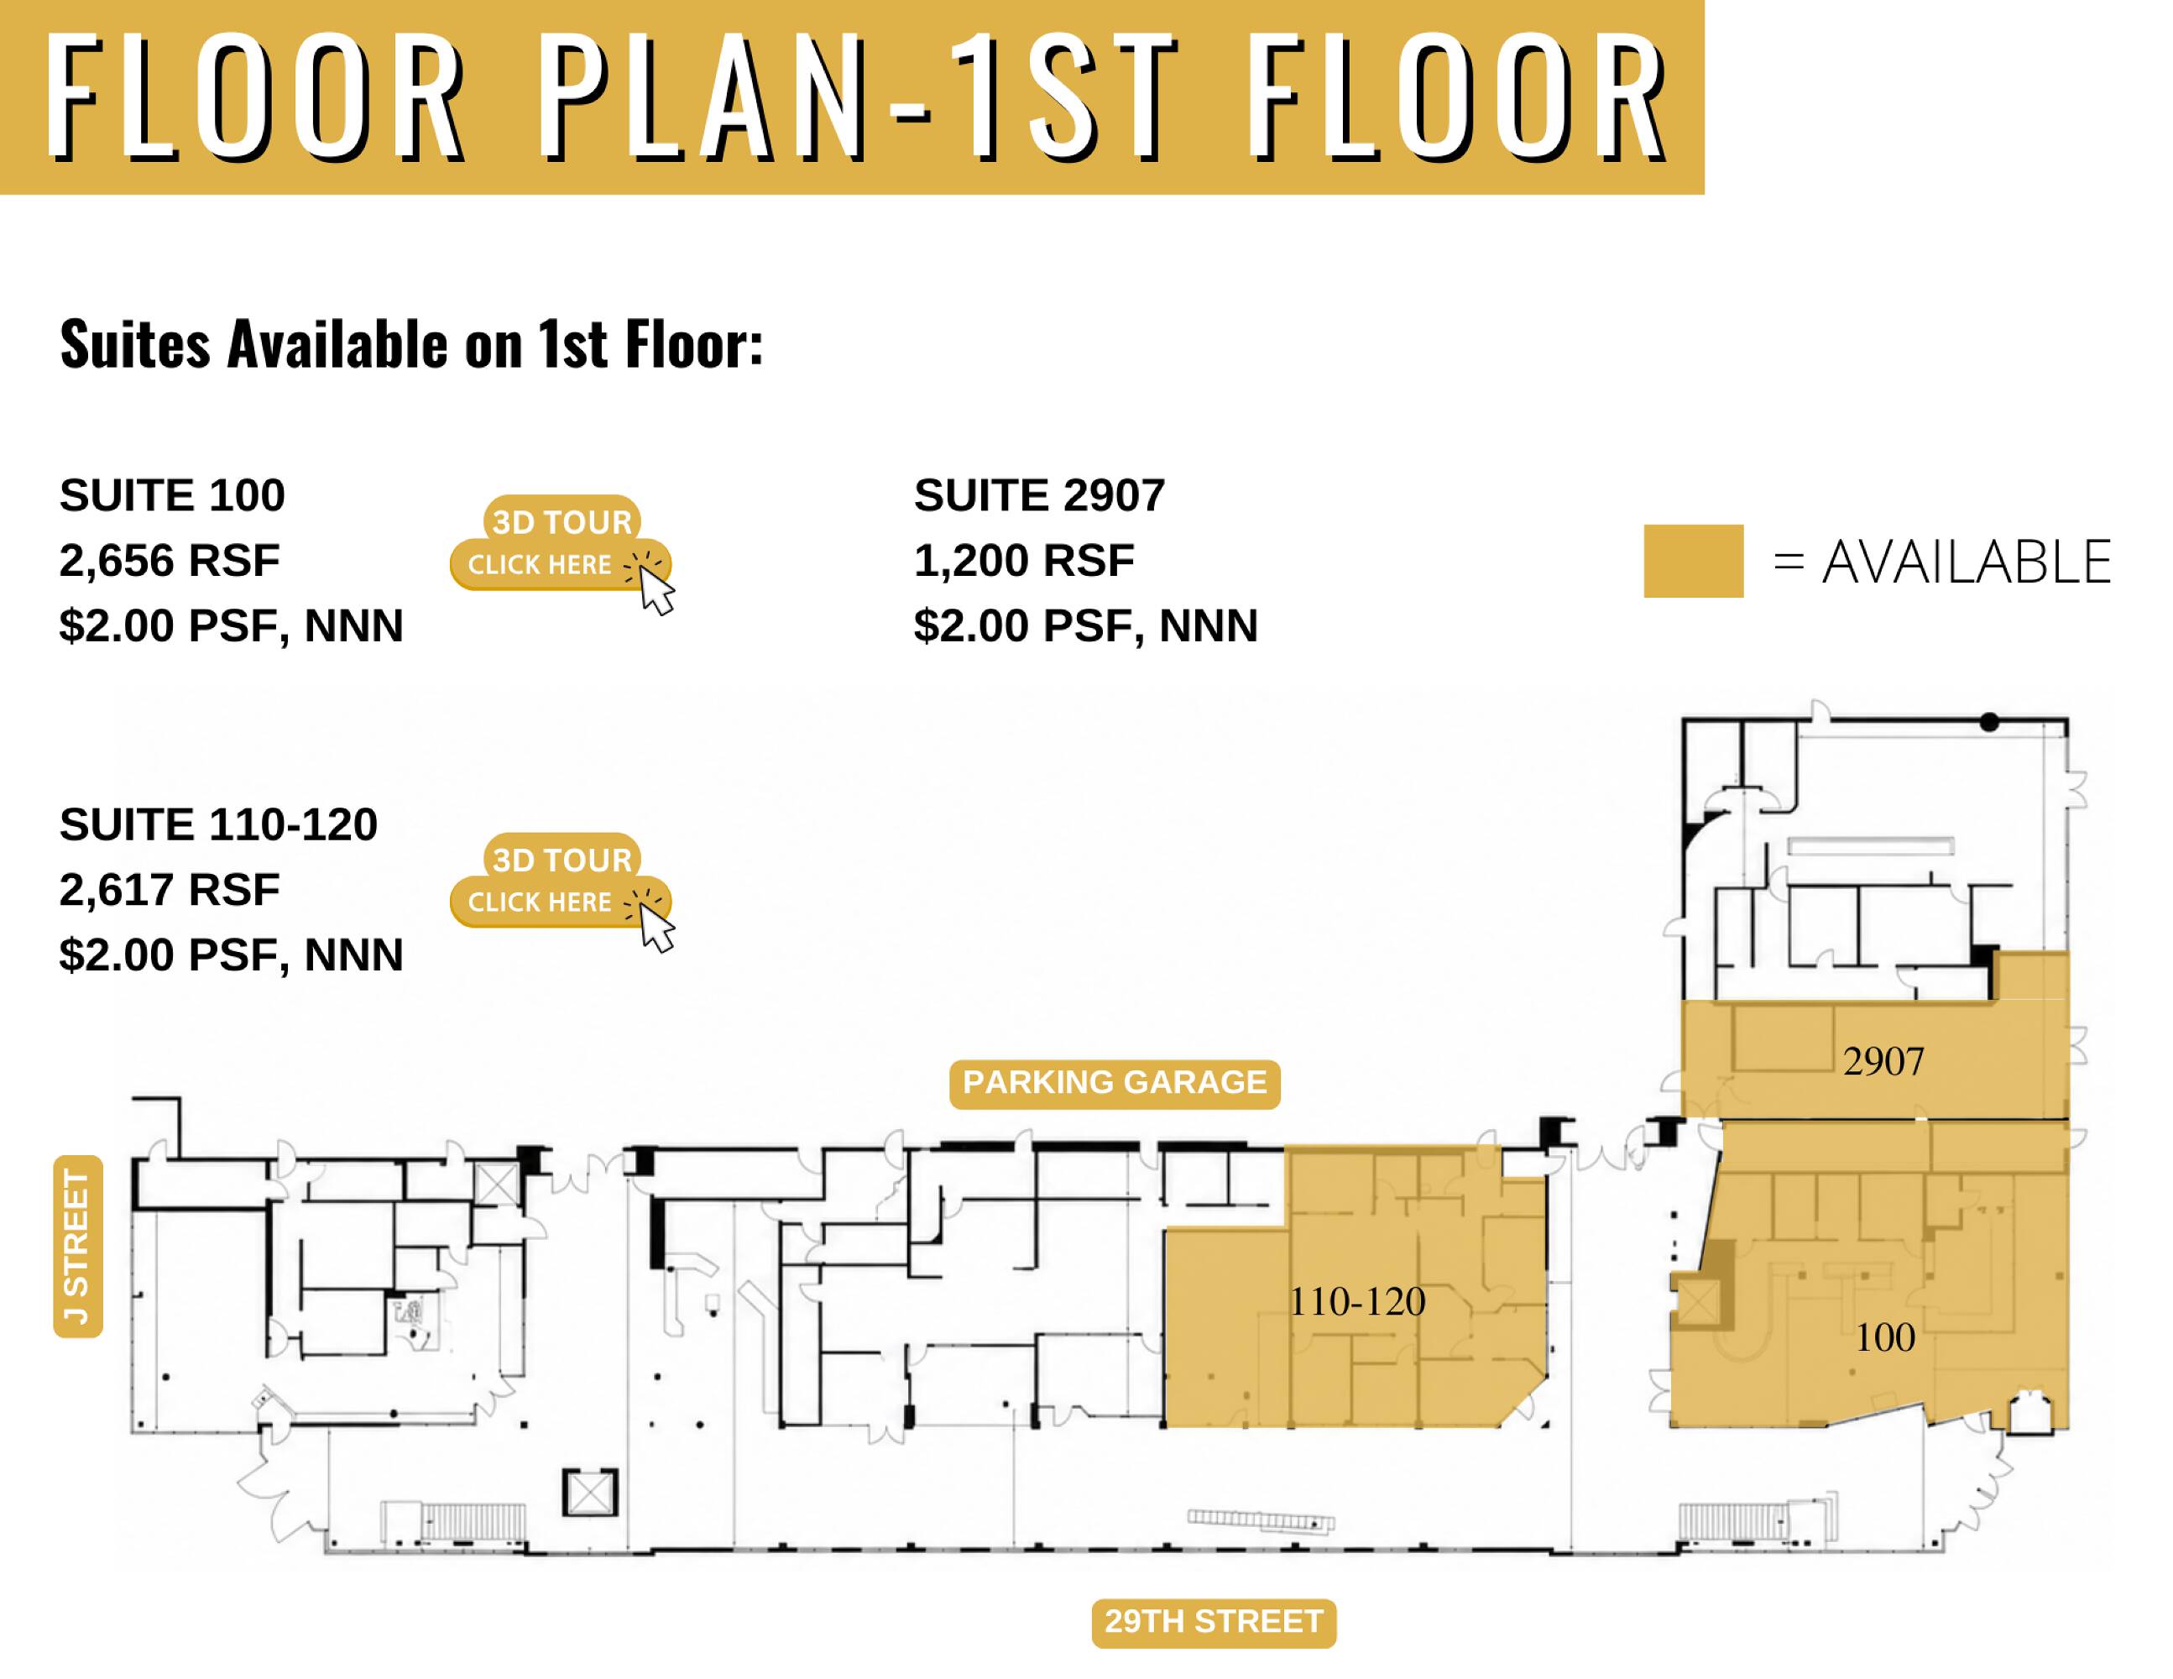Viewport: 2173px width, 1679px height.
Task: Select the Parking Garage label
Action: point(1115,1083)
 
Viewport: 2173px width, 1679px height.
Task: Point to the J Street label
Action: point(77,1246)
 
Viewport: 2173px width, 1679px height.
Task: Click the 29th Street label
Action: point(1214,1621)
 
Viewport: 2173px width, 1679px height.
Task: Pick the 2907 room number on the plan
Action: point(1883,1062)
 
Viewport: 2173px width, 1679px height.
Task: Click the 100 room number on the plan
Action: point(1884,1337)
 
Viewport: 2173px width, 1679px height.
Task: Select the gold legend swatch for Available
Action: point(1694,562)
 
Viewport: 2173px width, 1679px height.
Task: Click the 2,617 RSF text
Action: point(170,890)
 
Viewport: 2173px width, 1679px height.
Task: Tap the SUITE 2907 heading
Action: point(1040,495)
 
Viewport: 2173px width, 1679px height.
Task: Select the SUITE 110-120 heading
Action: point(219,824)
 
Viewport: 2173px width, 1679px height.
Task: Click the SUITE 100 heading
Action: point(172,495)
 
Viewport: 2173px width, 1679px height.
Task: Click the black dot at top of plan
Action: point(1989,723)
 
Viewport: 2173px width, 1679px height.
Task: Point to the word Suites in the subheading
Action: point(135,343)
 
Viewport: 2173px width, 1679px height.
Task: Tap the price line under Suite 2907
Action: point(1086,626)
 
